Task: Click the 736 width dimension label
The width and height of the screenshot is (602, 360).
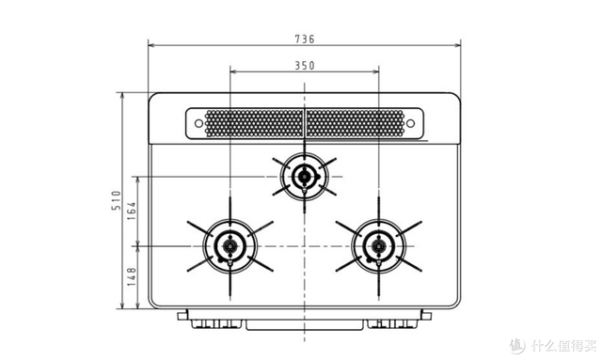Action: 305,39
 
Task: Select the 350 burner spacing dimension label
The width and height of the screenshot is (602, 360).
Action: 305,66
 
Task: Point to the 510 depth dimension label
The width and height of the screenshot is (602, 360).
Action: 116,200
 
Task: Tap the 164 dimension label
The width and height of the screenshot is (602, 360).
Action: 132,211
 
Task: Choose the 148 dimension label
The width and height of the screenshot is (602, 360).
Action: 132,276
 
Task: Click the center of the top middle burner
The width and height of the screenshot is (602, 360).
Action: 305,177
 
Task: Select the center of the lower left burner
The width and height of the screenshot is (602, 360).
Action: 230,246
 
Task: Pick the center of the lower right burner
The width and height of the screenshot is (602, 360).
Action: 378,246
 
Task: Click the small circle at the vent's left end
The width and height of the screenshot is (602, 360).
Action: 198,123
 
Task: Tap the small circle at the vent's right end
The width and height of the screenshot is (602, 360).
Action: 410,123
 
